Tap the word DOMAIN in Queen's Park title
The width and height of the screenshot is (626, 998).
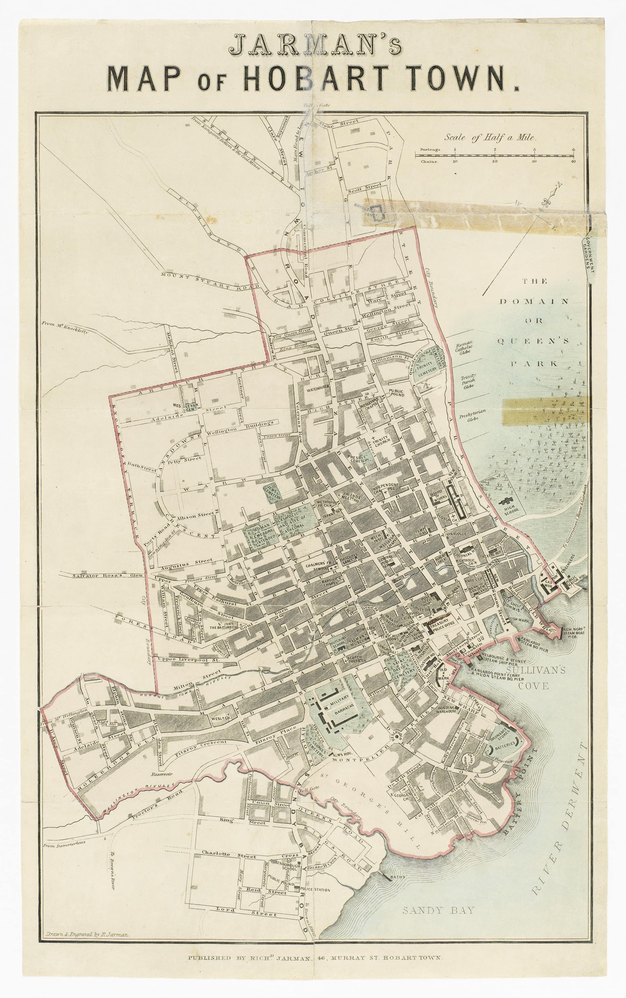tap(534, 301)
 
